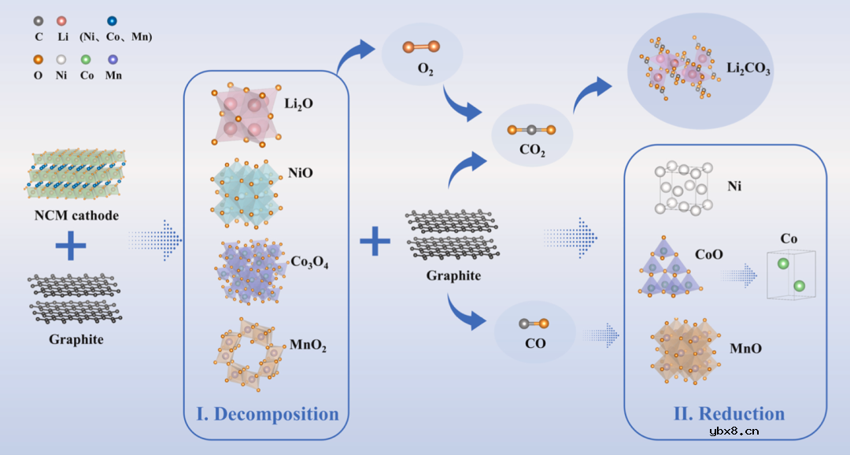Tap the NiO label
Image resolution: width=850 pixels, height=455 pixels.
coord(301,172)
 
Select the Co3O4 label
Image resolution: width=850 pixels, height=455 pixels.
coord(309,263)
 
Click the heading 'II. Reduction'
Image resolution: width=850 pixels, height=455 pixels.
coord(729,414)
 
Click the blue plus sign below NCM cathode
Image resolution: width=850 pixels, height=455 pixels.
coord(71,246)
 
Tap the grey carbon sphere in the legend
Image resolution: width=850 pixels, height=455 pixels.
coord(39,20)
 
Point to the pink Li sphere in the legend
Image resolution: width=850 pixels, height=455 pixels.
coord(61,20)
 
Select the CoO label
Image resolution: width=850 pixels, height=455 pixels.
coord(709,254)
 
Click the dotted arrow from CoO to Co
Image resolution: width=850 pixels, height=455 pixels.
coord(740,276)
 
